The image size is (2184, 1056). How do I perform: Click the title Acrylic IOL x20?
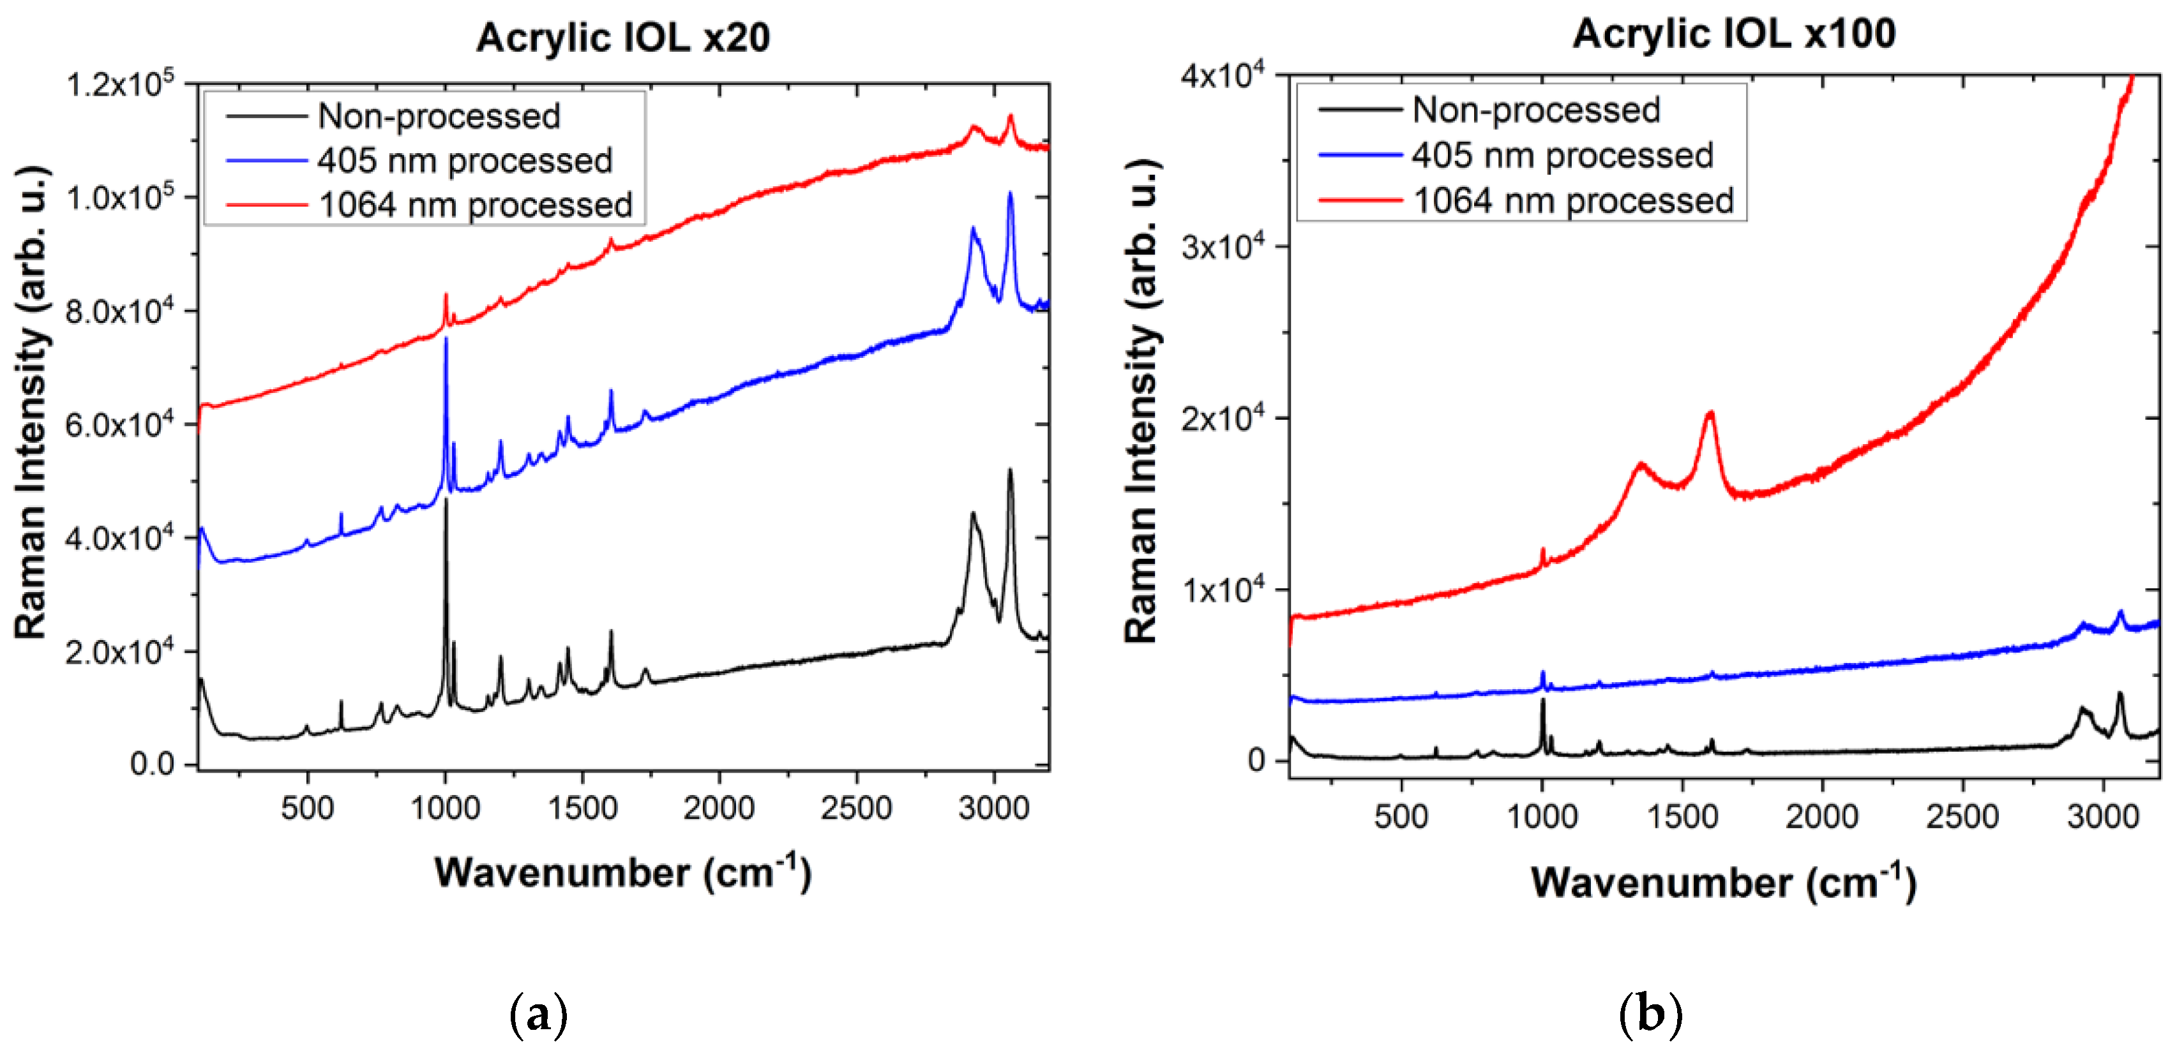622,38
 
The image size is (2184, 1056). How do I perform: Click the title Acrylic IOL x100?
1734,34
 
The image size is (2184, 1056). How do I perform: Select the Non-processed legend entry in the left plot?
439,116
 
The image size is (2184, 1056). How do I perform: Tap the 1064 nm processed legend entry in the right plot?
1572,201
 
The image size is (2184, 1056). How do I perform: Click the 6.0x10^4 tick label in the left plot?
119,424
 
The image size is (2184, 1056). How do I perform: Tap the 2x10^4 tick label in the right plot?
1222,418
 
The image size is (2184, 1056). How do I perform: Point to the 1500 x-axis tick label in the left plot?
582,808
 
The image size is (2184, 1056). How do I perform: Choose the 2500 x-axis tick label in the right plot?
1962,816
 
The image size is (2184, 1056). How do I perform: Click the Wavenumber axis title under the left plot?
622,872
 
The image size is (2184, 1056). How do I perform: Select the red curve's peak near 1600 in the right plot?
1710,413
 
